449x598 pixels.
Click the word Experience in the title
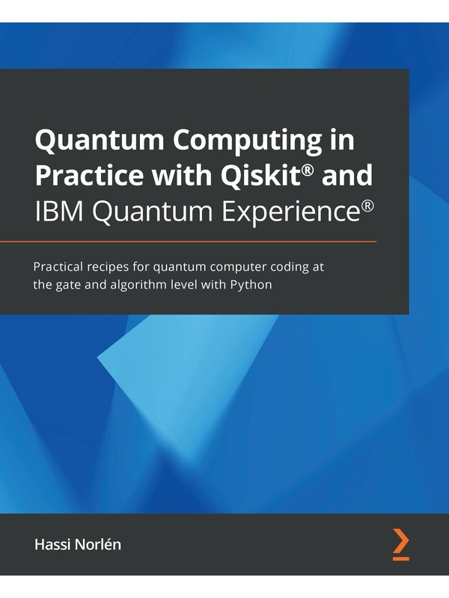click(x=290, y=213)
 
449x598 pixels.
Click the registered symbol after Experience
click(x=367, y=206)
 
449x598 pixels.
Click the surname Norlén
click(x=98, y=544)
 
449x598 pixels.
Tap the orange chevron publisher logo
click(x=400, y=545)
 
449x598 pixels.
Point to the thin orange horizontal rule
click(x=189, y=241)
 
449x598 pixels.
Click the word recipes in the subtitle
click(x=108, y=268)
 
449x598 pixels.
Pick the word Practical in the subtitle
click(x=58, y=267)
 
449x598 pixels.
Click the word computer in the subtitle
click(x=238, y=268)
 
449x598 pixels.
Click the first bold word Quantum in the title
click(x=100, y=141)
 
